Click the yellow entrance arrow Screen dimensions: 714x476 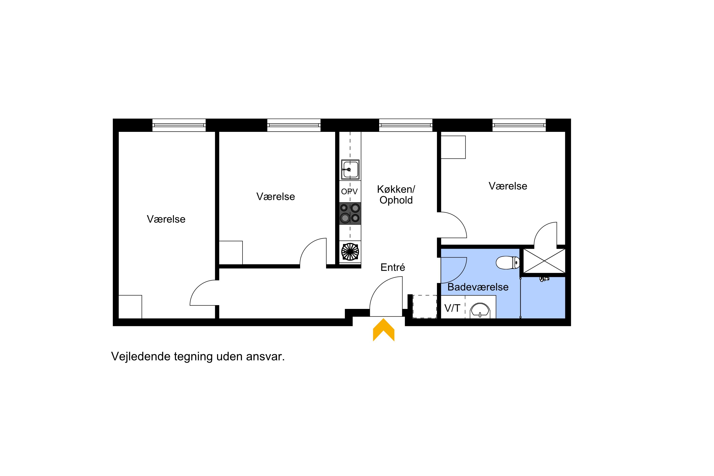click(383, 330)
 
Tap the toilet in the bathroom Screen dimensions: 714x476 click(508, 263)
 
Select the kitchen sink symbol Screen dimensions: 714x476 click(350, 170)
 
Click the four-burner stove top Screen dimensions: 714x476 click(350, 213)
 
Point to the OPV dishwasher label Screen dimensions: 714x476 click(349, 192)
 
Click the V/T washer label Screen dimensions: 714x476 click(452, 308)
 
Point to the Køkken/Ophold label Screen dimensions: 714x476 click(396, 195)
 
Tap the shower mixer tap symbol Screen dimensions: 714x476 click(544, 279)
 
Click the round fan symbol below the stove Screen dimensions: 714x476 click(350, 252)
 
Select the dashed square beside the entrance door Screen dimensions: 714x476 click(425, 307)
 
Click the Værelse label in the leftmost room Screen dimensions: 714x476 click(166, 219)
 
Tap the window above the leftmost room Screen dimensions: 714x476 click(179, 125)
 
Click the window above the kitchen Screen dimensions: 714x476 click(406, 125)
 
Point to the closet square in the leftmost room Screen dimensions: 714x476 click(130, 307)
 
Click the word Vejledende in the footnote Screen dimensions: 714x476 click(141, 356)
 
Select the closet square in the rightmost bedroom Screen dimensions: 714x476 click(453, 147)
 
